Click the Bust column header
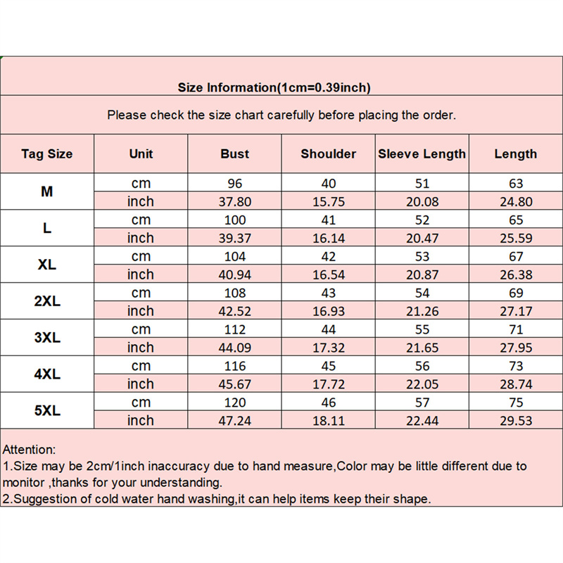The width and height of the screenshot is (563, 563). point(234,153)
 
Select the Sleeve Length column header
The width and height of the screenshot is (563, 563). point(422,153)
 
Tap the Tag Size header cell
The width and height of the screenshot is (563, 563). point(47,153)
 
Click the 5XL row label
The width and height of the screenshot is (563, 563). point(47,411)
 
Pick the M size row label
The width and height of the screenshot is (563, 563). point(47,191)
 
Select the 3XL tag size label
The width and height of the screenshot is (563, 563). point(47,338)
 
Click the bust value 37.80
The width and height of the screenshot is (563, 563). point(234,201)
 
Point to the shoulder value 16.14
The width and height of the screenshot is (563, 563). point(328,238)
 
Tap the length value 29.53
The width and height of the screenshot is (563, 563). point(516,421)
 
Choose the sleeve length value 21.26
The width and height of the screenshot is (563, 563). point(422,311)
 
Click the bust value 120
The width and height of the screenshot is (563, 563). point(234,403)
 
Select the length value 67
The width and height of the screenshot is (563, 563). point(516,256)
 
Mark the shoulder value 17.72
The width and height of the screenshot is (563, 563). point(328,384)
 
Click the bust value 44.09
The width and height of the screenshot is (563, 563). point(234,348)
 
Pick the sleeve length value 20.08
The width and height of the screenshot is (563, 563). point(422,201)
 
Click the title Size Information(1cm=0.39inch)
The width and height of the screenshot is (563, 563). point(274,88)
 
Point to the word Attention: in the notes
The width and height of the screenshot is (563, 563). point(30,449)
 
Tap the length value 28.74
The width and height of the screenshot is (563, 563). point(516,384)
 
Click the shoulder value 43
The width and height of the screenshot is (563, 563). point(328,293)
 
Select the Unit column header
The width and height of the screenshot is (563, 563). point(141,153)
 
